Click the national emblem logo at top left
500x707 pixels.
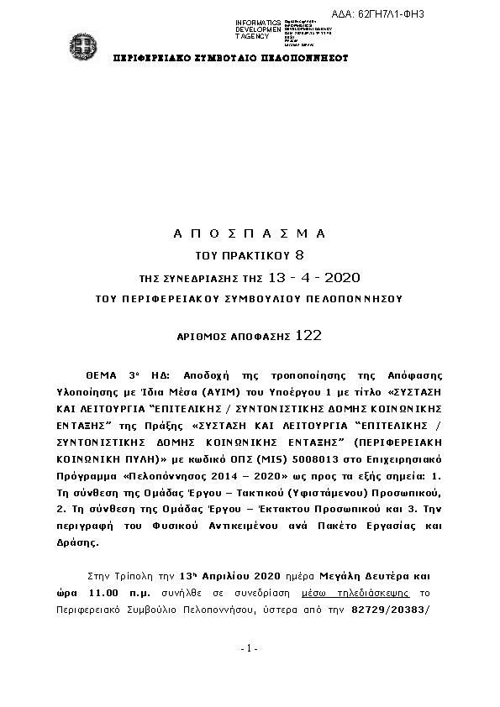coord(82,44)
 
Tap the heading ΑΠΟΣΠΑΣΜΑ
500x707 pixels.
coord(249,232)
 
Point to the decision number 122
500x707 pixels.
coord(308,336)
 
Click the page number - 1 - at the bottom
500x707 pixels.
coord(249,648)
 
